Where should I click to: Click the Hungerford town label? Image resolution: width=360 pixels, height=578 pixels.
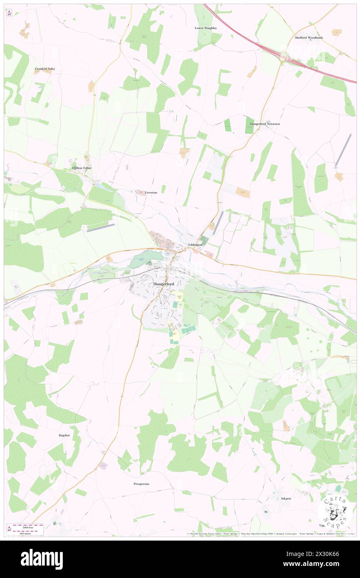(163, 284)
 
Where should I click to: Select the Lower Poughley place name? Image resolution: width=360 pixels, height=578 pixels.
(206, 28)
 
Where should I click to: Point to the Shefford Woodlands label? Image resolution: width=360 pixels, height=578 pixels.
(308, 37)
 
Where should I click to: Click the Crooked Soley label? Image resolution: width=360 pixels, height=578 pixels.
(45, 69)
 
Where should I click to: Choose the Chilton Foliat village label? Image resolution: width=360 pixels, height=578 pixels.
(81, 168)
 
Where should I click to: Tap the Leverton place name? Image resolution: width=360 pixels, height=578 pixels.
(151, 193)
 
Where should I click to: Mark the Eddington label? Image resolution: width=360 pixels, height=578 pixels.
(195, 245)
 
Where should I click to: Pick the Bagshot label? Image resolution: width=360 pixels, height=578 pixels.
(65, 435)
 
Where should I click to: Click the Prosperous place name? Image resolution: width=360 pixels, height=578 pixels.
(141, 484)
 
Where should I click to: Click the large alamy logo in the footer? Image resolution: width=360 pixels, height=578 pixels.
(42, 559)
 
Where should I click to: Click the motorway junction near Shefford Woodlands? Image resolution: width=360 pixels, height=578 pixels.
(287, 57)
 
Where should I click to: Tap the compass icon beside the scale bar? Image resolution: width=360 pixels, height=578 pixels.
(9, 529)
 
